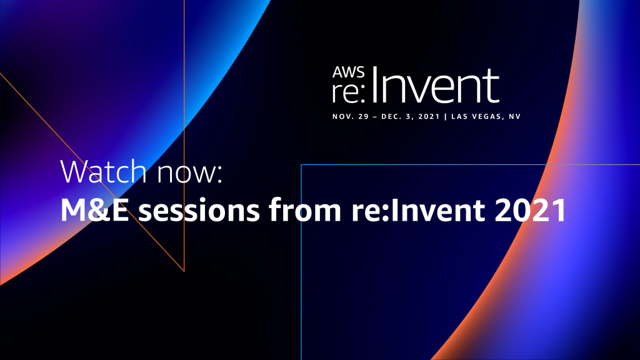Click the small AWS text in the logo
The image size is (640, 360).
(348, 72)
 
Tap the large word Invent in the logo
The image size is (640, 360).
(435, 86)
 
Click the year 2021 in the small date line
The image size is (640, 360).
(429, 116)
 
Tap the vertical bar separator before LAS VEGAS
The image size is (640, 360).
(446, 116)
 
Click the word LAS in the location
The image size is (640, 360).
(459, 116)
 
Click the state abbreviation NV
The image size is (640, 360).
(515, 116)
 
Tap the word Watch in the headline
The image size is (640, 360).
(103, 171)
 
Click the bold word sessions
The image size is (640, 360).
(199, 210)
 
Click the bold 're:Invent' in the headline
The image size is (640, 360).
(418, 210)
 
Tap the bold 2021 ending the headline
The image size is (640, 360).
(531, 210)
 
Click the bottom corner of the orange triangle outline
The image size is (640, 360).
(184, 271)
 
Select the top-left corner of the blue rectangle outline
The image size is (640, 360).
(301, 164)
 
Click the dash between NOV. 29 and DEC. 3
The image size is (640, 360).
(375, 117)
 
